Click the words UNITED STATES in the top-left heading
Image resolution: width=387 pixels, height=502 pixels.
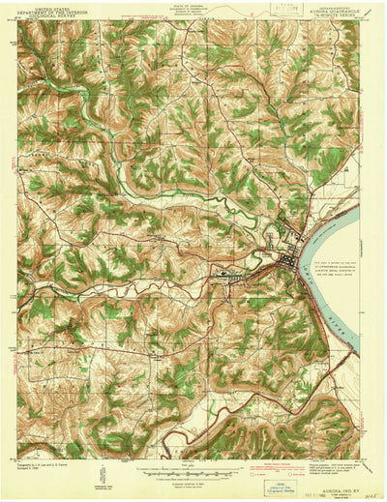coord(52,6)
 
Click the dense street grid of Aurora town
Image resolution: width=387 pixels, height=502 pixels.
coord(288,255)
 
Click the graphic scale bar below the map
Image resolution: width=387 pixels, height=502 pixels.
coord(193,473)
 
